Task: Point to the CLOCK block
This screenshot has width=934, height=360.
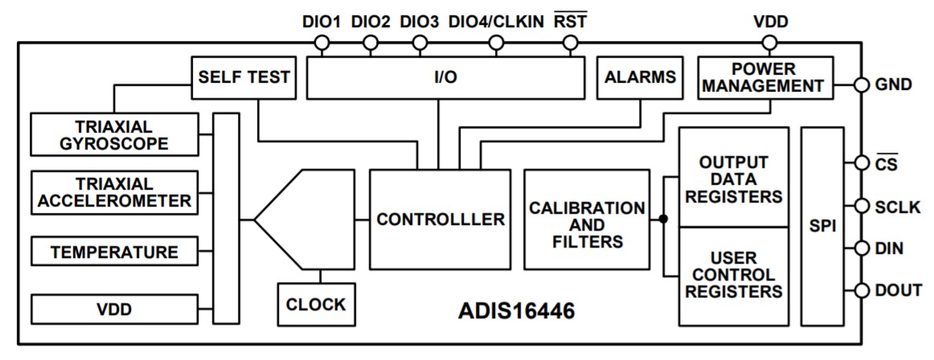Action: click(x=315, y=305)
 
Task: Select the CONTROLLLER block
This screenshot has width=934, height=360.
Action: click(x=440, y=219)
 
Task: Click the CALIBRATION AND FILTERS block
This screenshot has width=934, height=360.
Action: click(x=586, y=219)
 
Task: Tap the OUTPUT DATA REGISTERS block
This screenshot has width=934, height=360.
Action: click(x=733, y=177)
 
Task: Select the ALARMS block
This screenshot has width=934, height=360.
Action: click(x=640, y=77)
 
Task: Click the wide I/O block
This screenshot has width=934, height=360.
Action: click(x=446, y=77)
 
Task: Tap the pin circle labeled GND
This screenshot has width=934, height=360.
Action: click(x=861, y=84)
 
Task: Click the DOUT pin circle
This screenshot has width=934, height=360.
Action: click(x=861, y=291)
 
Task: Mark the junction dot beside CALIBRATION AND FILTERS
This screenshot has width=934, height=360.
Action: click(x=663, y=219)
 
